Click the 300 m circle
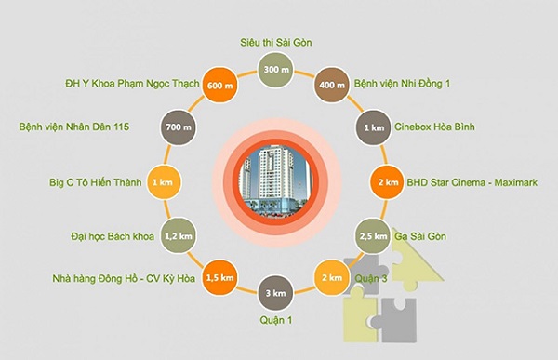click(273, 70)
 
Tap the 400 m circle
click(332, 85)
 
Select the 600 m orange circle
click(215, 85)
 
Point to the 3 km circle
click(273, 294)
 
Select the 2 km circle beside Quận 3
click(332, 278)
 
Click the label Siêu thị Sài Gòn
click(273, 43)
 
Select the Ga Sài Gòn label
click(424, 236)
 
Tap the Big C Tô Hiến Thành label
click(97, 182)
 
